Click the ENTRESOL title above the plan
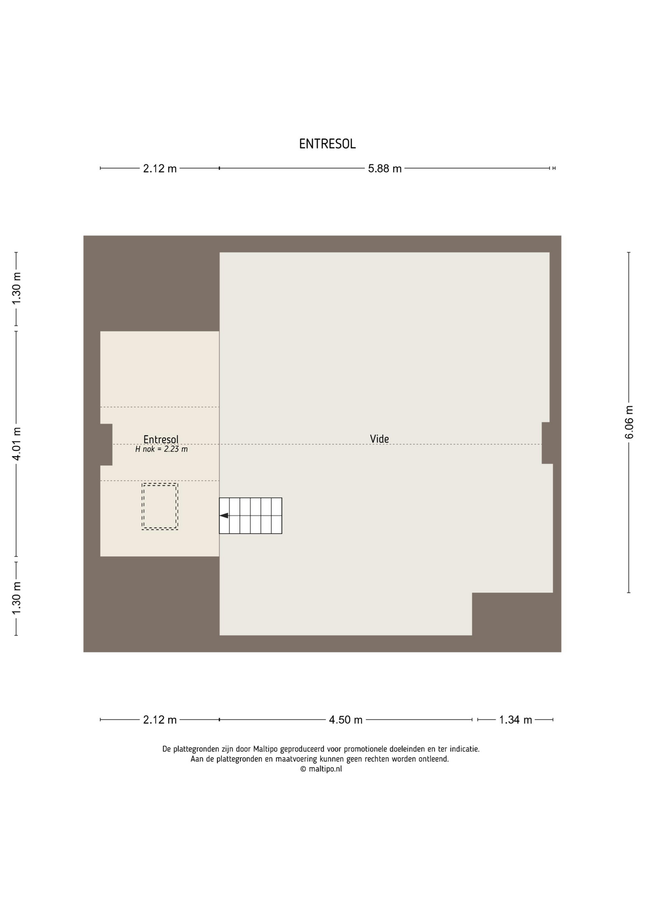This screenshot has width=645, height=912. [x=327, y=144]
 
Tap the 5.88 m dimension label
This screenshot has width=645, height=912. [x=385, y=169]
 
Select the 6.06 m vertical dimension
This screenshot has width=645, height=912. [x=629, y=422]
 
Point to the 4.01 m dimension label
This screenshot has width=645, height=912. [x=16, y=444]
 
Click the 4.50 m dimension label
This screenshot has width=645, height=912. [x=346, y=720]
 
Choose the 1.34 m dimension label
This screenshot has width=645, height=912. [x=515, y=720]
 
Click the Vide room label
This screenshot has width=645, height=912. [x=379, y=439]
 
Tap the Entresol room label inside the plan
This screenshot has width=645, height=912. [x=161, y=439]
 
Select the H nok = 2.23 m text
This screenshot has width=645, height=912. [x=161, y=449]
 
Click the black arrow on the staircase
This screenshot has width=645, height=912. [x=224, y=515]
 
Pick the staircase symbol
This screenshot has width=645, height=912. [x=250, y=516]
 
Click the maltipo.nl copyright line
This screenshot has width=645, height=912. [x=321, y=769]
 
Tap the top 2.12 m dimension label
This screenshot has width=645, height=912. [x=160, y=169]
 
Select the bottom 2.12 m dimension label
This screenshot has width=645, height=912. [x=160, y=720]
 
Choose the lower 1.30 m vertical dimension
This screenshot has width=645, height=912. [x=16, y=598]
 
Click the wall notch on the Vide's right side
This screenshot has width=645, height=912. [x=547, y=443]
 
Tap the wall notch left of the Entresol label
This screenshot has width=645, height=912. [x=106, y=445]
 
